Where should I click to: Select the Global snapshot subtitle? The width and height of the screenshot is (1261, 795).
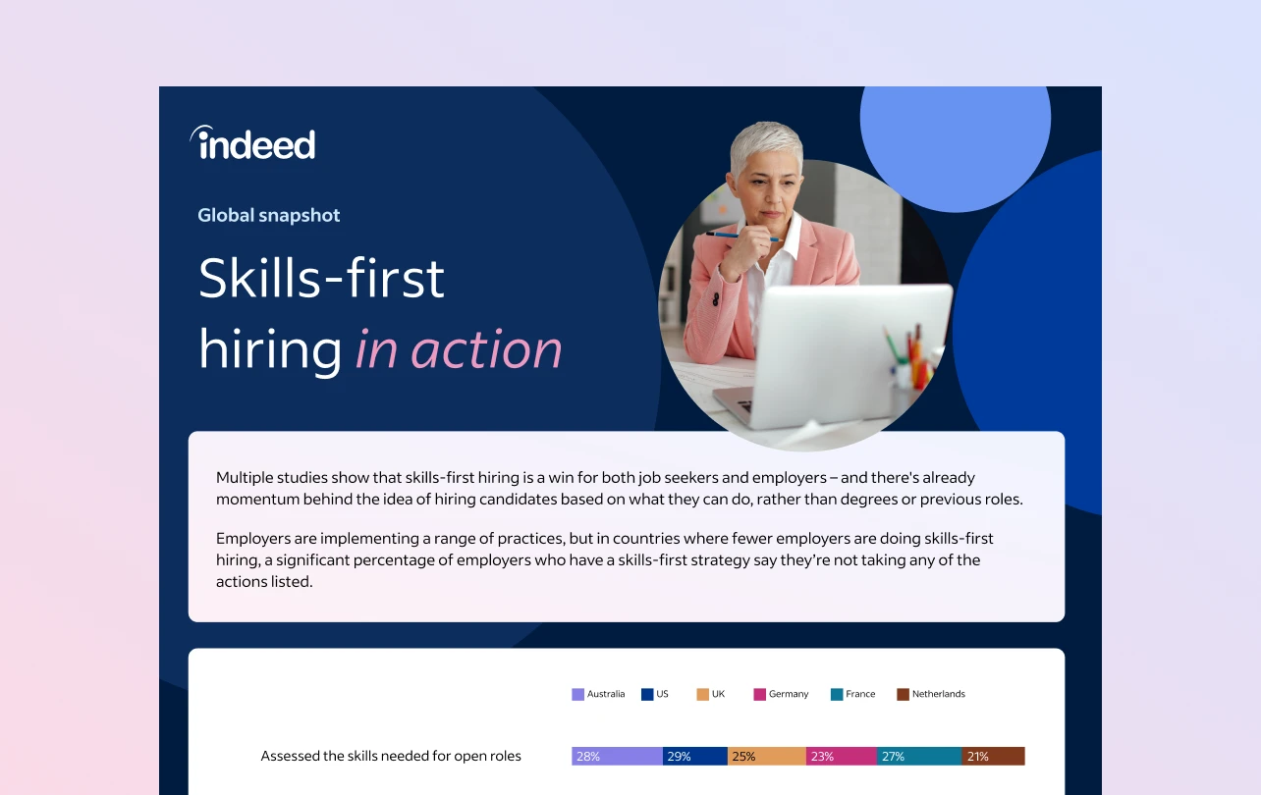pos(269,215)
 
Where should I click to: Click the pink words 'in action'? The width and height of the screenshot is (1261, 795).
pos(459,349)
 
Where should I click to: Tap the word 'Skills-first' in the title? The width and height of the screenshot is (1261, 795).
pos(321,279)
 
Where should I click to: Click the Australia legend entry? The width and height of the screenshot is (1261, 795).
pos(598,694)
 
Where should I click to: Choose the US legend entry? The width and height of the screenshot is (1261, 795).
pos(655,694)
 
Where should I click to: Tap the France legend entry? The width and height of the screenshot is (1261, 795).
pos(852,694)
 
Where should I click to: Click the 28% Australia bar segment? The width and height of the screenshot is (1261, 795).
pos(617,756)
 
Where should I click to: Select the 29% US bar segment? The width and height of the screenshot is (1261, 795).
pos(694,756)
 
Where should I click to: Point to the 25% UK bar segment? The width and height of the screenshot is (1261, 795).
pos(766,756)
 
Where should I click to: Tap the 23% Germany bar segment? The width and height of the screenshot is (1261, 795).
pos(841,756)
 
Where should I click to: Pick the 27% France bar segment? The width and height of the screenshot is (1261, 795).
pos(918,756)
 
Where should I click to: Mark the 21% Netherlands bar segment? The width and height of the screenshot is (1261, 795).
pos(993,756)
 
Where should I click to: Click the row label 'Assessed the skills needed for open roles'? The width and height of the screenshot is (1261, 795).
pos(391,756)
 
